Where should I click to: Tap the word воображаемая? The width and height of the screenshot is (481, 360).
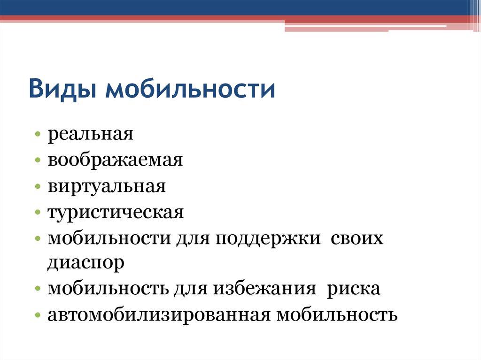coord(115,161)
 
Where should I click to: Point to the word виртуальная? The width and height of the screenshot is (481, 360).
coord(106,186)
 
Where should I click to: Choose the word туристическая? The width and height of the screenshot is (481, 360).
coord(116,212)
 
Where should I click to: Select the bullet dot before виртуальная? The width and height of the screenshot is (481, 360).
coord(38,187)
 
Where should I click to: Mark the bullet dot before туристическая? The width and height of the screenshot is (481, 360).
coord(38,213)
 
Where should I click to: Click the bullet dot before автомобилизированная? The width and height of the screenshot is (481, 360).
coord(38,315)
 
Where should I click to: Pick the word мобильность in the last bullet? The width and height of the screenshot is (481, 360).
coord(337,314)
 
